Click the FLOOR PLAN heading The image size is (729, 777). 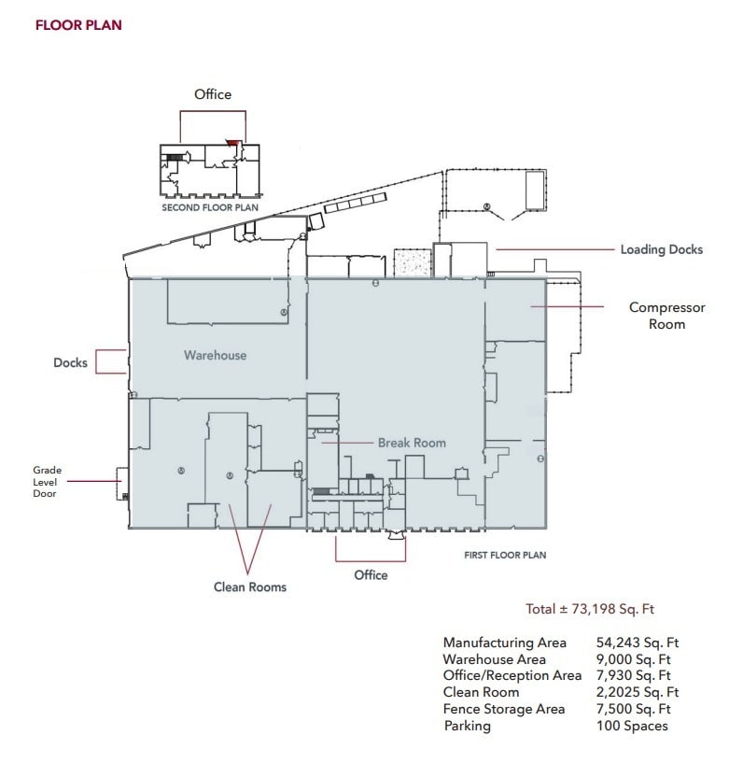point(78,25)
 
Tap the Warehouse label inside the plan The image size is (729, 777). point(215,355)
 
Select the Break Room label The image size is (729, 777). point(412,443)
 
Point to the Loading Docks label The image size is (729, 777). point(661,249)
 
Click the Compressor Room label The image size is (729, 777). point(666,316)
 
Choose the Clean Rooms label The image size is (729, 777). point(249,586)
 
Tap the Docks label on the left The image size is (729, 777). point(70,362)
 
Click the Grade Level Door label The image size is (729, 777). point(47,482)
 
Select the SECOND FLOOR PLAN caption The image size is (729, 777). point(210,208)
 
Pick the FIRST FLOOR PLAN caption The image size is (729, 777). point(505,555)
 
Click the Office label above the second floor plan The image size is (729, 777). point(213,94)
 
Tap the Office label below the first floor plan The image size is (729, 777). point(371,574)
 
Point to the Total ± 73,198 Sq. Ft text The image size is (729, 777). point(590,609)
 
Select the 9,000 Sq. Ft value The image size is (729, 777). point(633,659)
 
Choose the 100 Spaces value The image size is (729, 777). point(632,726)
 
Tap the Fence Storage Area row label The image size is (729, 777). point(504,709)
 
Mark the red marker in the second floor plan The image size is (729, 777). point(232,144)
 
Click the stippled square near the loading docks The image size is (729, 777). point(412,261)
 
